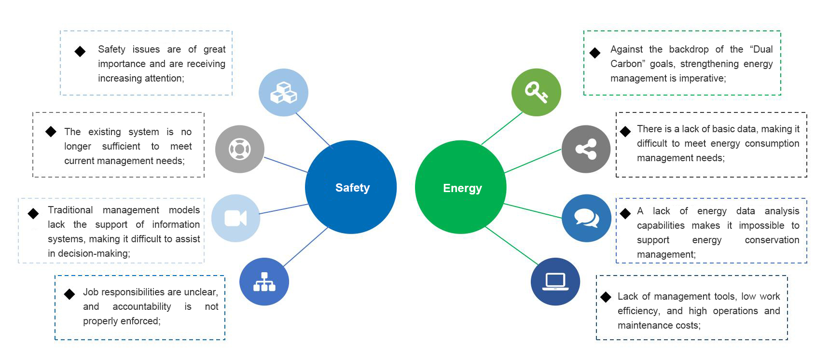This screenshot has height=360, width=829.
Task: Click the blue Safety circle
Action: tap(351, 187)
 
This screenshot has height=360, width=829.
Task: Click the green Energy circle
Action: tap(461, 187)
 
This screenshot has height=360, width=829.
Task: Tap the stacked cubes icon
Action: tap(283, 92)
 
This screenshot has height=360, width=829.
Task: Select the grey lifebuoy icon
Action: tap(240, 149)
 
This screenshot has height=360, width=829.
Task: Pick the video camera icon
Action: tap(236, 218)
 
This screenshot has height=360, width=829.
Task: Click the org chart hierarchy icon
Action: tap(264, 282)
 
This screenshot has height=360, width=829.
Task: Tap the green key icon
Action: tap(536, 92)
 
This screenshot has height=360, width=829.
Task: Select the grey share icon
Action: tap(586, 149)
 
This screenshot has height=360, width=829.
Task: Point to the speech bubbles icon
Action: tap(586, 218)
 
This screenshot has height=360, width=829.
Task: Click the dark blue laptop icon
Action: tap(555, 282)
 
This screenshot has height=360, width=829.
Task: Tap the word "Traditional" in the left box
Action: tap(70, 210)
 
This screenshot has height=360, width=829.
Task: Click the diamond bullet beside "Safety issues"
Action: tap(80, 51)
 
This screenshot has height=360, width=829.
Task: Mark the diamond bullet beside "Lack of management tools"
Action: tap(606, 297)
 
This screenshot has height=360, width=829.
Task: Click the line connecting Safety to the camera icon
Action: tap(284, 209)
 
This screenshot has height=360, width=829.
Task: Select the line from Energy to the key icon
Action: tap(502, 128)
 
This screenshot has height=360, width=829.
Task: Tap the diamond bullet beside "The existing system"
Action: tap(51, 131)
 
